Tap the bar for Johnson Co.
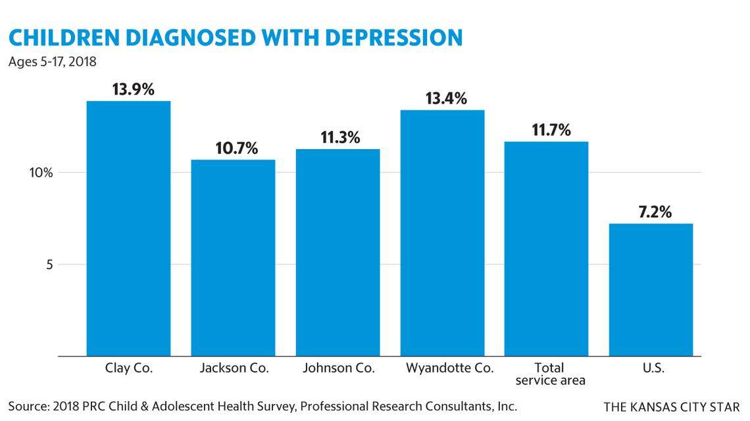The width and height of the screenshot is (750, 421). point(337,252)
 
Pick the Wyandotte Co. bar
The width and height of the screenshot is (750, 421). point(442,233)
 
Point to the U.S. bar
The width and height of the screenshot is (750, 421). point(651,290)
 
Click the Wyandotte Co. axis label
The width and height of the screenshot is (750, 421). point(450,368)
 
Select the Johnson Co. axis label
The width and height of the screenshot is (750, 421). point(339,368)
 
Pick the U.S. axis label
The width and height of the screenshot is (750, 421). point(651,368)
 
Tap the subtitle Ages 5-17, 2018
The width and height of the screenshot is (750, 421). point(53,62)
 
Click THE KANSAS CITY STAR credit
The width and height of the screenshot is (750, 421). point(672,407)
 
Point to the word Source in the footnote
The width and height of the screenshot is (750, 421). point(27,405)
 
